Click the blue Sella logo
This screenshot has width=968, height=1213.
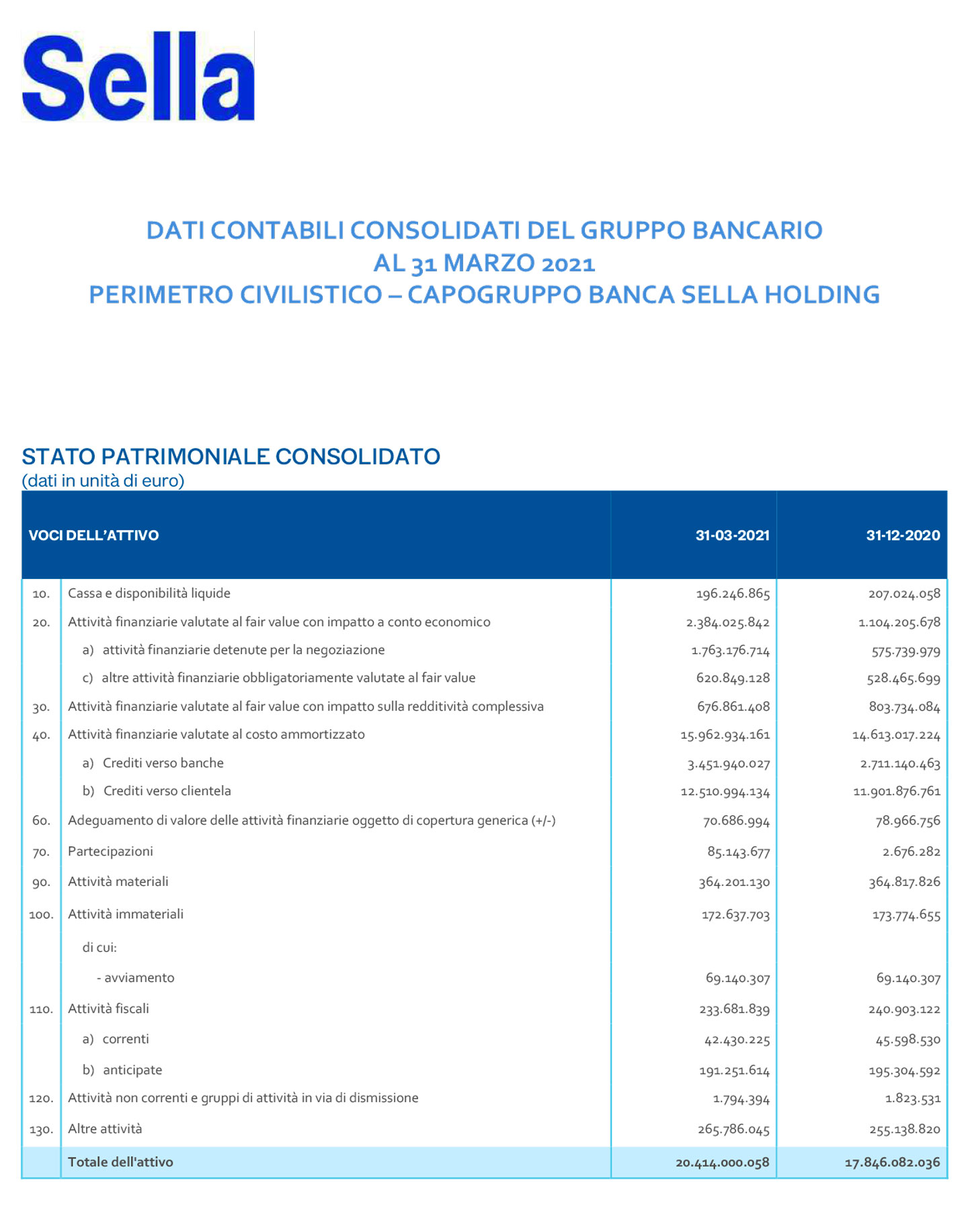(x=138, y=76)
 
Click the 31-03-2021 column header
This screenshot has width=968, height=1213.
(x=732, y=535)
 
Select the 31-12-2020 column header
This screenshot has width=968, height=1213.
(x=903, y=535)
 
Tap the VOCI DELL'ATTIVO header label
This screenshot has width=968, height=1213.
(x=93, y=535)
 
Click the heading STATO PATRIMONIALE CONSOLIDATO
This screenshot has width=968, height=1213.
(x=231, y=457)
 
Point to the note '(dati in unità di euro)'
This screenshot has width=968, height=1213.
(x=103, y=481)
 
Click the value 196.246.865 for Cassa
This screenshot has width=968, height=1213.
(x=733, y=594)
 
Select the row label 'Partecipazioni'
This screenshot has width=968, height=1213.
(x=110, y=852)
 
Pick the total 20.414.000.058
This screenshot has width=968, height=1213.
(x=722, y=1163)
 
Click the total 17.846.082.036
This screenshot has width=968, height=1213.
(x=892, y=1163)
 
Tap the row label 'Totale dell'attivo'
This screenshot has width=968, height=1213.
(x=120, y=1162)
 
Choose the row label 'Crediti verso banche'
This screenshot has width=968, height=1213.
(x=163, y=763)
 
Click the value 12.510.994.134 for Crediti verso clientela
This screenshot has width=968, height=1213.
(x=725, y=792)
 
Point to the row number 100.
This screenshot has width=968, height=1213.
(x=41, y=915)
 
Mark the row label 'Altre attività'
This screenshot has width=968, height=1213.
(x=105, y=1129)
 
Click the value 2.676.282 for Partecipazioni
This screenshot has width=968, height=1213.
(x=911, y=852)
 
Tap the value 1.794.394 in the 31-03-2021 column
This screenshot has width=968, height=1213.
(x=741, y=1099)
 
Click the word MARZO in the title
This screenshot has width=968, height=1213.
(x=489, y=263)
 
